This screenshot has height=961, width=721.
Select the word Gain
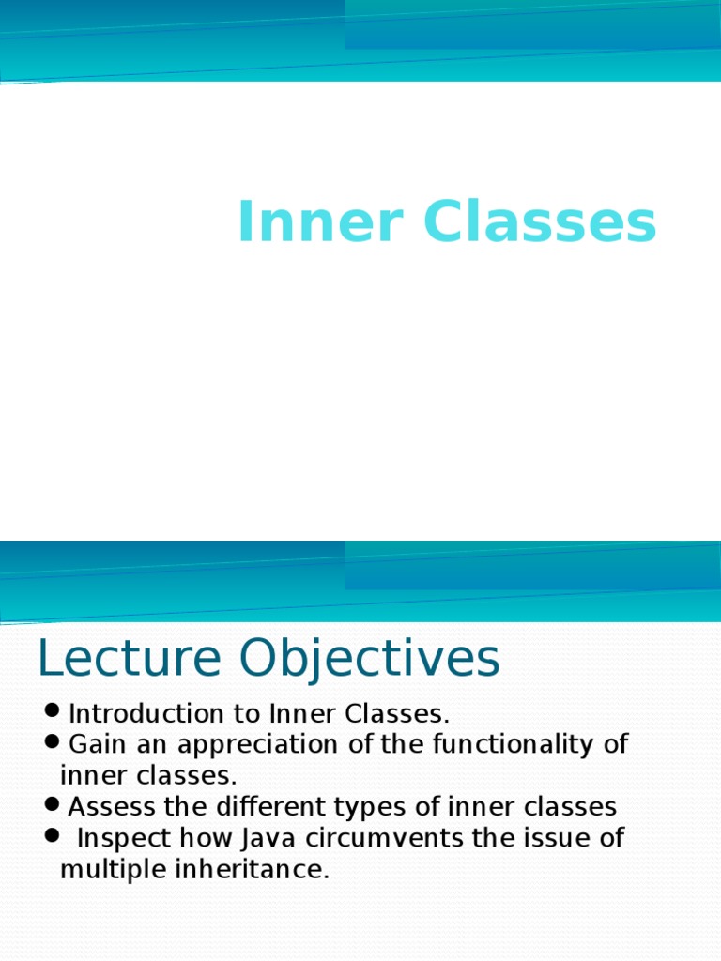(95, 745)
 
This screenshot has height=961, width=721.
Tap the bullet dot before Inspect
(52, 833)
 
